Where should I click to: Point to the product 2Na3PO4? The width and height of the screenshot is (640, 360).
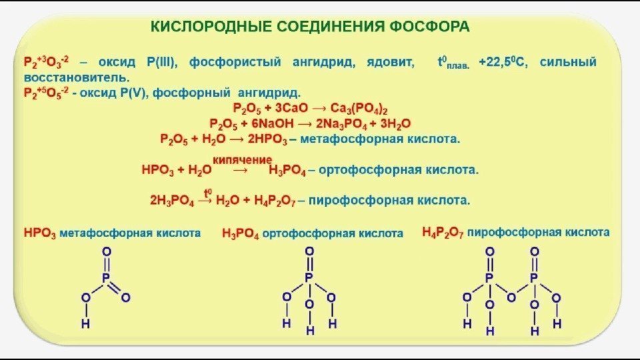coord(346,124)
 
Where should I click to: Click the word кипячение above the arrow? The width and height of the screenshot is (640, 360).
coord(243,159)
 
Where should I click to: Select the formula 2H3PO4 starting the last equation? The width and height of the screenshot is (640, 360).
coord(172,200)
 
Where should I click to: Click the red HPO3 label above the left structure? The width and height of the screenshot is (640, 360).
coord(39,234)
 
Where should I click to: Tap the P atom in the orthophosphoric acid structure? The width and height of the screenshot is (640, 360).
coord(309,277)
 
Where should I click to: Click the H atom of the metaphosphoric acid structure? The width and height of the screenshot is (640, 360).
coord(85,323)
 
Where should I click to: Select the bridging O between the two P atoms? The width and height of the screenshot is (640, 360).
coord(511,297)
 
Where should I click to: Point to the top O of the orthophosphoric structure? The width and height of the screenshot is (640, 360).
coord(309,251)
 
